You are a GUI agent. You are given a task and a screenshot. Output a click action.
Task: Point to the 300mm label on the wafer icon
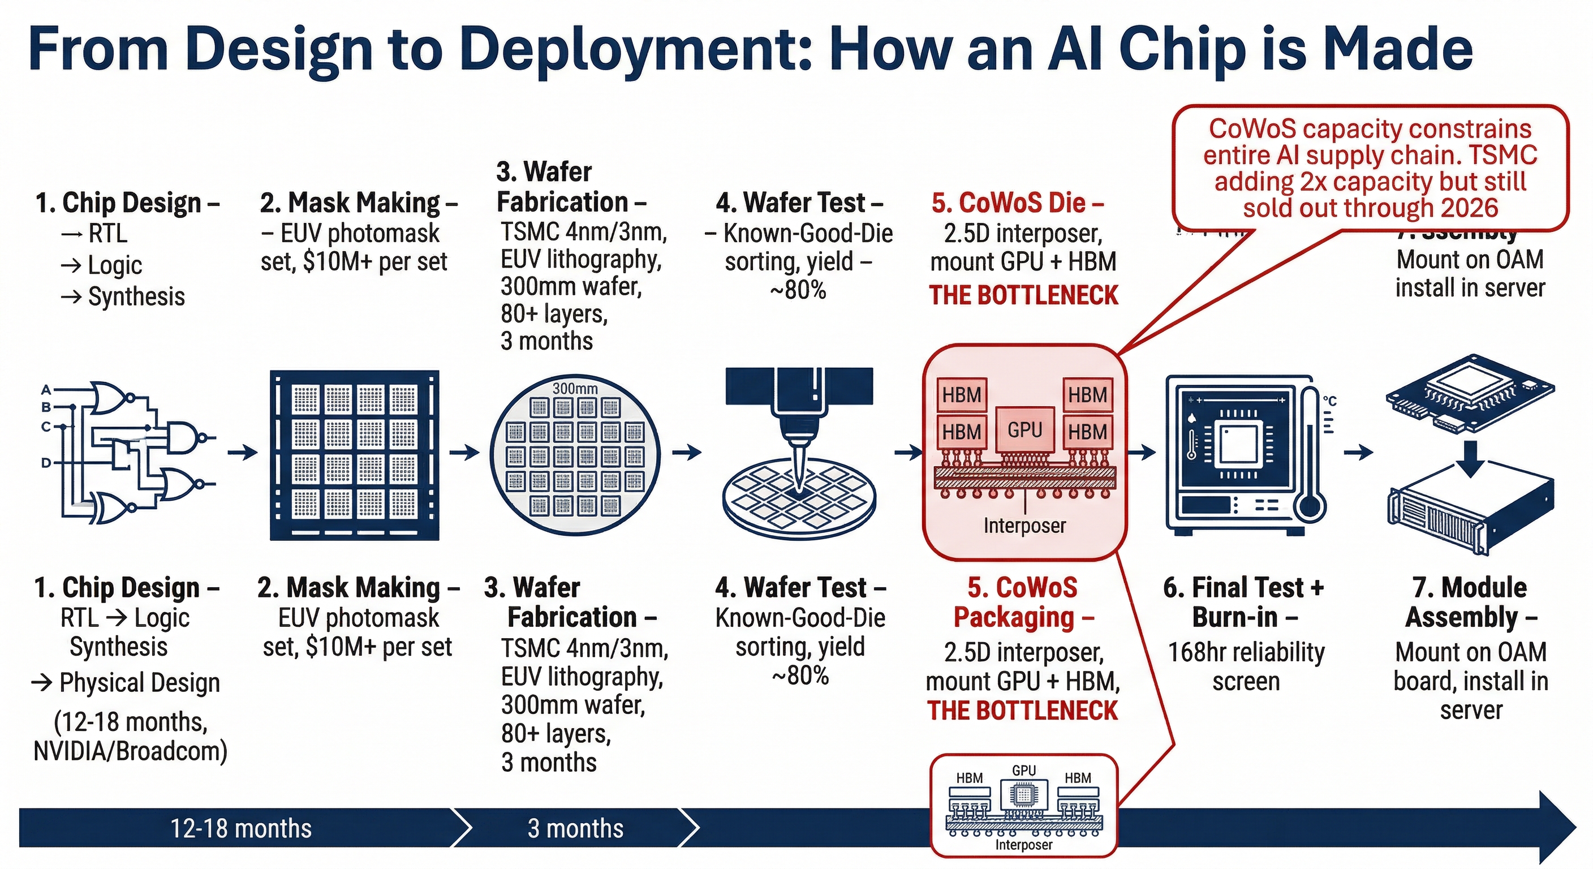pos(575,389)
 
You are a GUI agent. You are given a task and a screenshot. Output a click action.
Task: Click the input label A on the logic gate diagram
pos(46,390)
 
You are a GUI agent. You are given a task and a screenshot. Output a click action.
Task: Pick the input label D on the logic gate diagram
pos(46,463)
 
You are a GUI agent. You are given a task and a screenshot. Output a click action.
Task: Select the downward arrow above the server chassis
pos(1471,458)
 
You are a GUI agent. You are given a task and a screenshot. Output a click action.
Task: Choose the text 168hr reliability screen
pos(1246,667)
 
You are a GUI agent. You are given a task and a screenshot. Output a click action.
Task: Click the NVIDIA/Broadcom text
pos(131,751)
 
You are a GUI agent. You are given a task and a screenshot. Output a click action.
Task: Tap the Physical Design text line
pos(126,683)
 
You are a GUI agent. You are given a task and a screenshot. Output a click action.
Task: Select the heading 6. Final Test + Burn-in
pos(1244,602)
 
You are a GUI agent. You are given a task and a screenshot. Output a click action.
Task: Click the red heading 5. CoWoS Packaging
pos(1023,602)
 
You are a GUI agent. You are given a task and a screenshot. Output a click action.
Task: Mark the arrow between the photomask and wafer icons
pos(464,453)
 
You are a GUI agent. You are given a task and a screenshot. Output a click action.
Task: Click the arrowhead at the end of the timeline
pos(1555,828)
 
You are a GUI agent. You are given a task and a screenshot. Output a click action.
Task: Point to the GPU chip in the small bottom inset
pos(1023,794)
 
